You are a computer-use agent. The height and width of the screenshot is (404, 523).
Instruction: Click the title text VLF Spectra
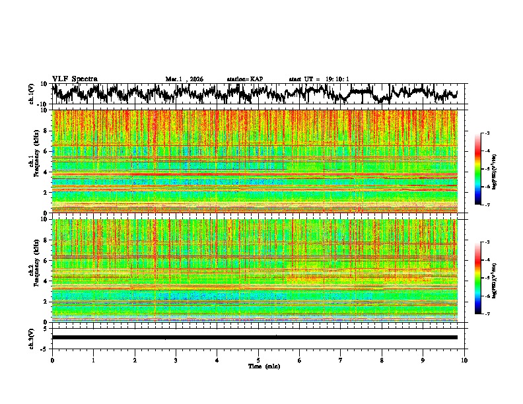75,79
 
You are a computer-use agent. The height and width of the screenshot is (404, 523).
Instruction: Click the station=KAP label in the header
244,79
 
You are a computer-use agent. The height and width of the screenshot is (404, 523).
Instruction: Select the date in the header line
184,79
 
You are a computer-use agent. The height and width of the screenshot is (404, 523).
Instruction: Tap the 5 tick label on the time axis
258,360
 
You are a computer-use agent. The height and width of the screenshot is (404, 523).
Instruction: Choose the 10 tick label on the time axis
464,360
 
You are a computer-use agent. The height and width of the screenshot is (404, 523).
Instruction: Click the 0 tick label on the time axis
52,360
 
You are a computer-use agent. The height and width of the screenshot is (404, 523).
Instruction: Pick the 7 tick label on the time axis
341,360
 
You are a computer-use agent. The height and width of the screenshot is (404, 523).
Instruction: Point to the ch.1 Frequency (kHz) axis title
33,161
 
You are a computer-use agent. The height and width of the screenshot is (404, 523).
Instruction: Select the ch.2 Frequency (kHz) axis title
33,270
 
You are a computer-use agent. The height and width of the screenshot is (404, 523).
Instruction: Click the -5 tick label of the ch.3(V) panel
44,347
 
